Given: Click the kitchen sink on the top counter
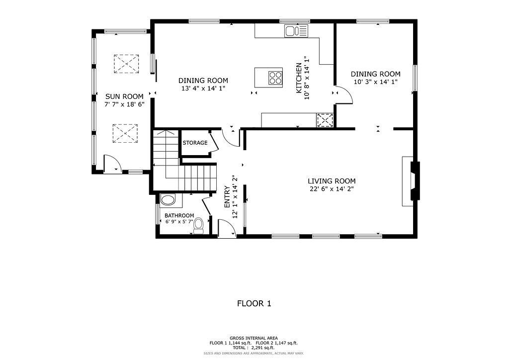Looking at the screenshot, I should click(x=296, y=31).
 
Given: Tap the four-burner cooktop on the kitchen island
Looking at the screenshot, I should click(x=275, y=78).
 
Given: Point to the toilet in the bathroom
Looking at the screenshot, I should click(x=199, y=226).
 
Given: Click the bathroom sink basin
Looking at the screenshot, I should click(x=168, y=200).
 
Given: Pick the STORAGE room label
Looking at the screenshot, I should click(x=195, y=143).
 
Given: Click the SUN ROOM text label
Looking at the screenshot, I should click(x=124, y=96).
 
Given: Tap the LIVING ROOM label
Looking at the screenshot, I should click(x=332, y=181).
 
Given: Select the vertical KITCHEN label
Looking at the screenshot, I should click(x=299, y=78).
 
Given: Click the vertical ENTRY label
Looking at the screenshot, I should click(x=227, y=196).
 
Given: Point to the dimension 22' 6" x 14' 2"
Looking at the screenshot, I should click(x=332, y=189).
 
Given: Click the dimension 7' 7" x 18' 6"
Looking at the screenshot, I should click(x=124, y=104).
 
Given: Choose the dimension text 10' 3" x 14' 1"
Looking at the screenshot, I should click(x=375, y=82).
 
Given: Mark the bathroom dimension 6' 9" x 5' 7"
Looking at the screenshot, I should click(x=179, y=222).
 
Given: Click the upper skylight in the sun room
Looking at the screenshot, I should click(x=127, y=64).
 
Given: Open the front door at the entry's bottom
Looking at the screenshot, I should click(x=226, y=230).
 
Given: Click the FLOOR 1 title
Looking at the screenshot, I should click(x=254, y=303).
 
